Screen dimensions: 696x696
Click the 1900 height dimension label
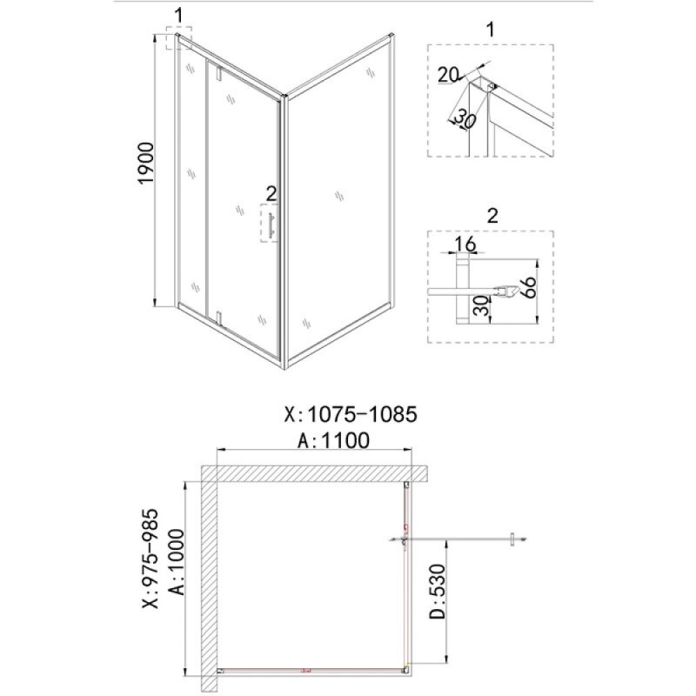pos(146,163)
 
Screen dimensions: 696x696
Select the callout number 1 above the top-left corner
pos(178,16)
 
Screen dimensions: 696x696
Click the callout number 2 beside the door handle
pos(271,193)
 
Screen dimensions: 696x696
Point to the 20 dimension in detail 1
pos(447,75)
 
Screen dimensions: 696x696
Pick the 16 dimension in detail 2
pos(465,244)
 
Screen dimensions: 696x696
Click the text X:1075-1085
pos(351,415)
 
